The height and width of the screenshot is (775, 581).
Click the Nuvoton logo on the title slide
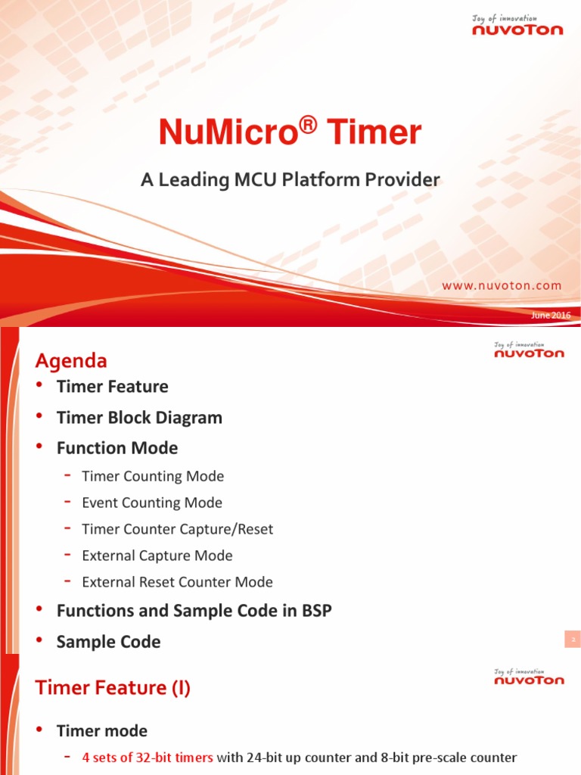click(x=518, y=29)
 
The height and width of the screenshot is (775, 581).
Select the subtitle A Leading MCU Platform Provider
click(x=290, y=180)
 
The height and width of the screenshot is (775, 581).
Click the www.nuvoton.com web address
click(x=502, y=285)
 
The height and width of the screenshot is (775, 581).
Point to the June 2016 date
click(x=551, y=315)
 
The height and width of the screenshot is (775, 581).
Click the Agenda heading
click(x=71, y=360)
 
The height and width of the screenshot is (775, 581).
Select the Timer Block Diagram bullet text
click(x=139, y=418)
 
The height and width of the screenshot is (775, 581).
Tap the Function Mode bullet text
click(x=117, y=448)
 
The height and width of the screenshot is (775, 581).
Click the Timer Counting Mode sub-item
click(x=153, y=476)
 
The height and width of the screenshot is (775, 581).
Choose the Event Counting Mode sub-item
click(x=152, y=503)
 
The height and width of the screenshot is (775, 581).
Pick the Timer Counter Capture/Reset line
click(x=177, y=529)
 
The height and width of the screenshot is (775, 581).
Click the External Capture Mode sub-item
click(x=157, y=556)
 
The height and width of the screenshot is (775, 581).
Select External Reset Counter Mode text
click(x=177, y=582)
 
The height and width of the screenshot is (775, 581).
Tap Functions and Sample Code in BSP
click(x=194, y=611)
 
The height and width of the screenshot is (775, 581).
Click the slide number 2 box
click(x=573, y=640)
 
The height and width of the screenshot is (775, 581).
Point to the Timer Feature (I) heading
click(x=113, y=687)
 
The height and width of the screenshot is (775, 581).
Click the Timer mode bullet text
click(x=102, y=731)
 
